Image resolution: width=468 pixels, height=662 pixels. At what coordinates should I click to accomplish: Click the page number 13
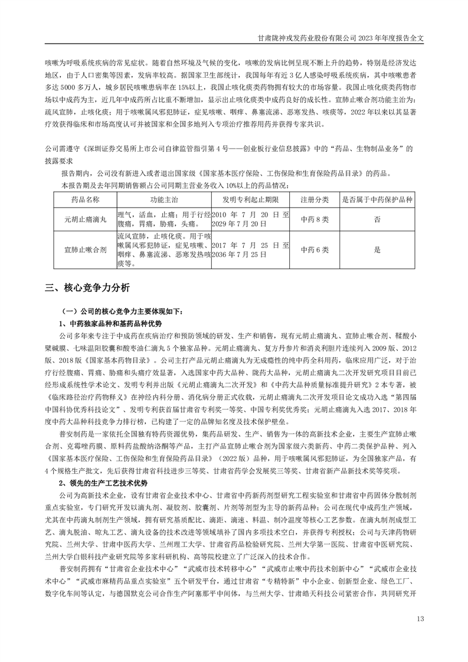tap(420, 618)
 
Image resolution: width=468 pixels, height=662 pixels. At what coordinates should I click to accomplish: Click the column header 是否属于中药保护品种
tap(377, 199)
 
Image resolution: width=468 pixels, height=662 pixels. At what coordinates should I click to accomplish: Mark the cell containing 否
tap(377, 219)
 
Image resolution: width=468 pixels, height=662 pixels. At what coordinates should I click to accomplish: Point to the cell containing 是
tap(377, 250)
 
